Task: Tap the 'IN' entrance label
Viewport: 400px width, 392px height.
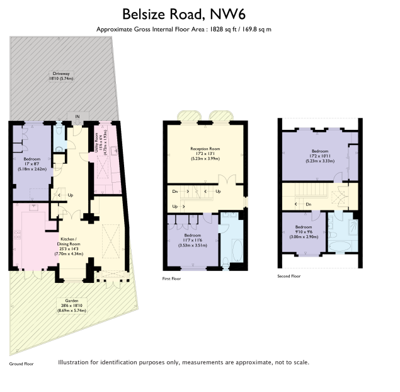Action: [77, 117]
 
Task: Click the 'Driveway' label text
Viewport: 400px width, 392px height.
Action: [63, 76]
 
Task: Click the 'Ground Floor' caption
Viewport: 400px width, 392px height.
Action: [21, 364]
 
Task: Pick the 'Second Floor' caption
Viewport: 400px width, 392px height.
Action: [289, 276]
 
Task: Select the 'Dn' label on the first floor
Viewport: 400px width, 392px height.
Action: [174, 190]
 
